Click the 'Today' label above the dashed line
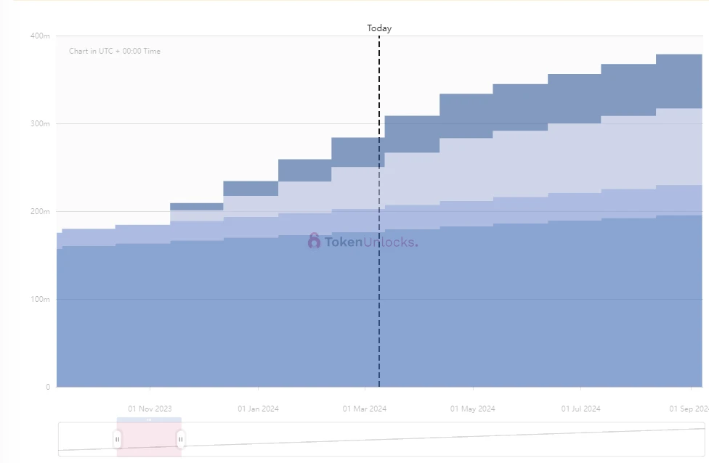pos(379,28)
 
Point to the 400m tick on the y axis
pos(40,36)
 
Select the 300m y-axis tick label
pos(40,123)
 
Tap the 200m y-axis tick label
pos(40,212)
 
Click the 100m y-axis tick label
pos(40,300)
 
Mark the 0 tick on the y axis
pos(48,388)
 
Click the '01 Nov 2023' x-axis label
pos(150,409)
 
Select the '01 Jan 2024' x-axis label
pos(258,409)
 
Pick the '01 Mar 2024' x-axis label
pos(365,409)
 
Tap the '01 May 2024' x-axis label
pos(473,409)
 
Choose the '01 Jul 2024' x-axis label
pos(580,409)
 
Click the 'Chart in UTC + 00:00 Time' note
pos(115,52)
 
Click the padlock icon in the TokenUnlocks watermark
pos(314,241)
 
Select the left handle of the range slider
pos(117,438)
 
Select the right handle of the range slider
pos(181,438)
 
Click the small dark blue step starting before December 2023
pos(196,207)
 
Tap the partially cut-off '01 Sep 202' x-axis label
pos(689,409)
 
